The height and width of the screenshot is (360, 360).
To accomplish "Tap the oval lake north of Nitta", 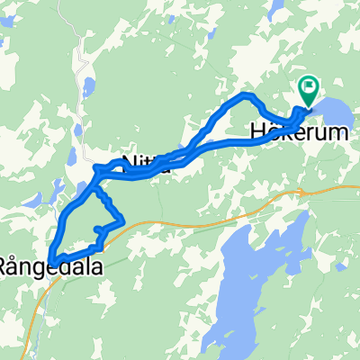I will (88, 89).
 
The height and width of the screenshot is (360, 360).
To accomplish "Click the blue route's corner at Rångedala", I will (52, 260).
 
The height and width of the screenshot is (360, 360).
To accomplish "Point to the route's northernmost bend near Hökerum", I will (245, 96).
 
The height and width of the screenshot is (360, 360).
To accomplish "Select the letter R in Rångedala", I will (5, 266).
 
